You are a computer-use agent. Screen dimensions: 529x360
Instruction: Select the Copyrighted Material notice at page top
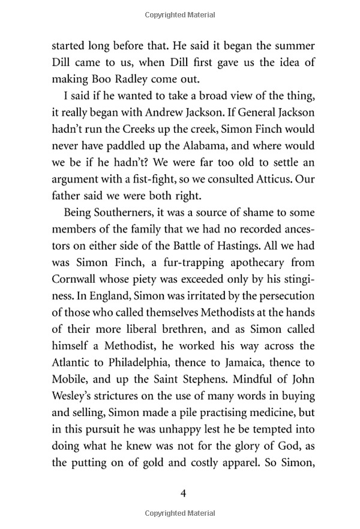pyautogui.click(x=180, y=11)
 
